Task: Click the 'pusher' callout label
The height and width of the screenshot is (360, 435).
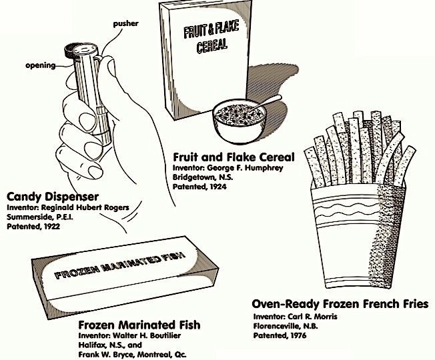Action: point(125,23)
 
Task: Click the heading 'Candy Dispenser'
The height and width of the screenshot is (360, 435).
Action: point(53,197)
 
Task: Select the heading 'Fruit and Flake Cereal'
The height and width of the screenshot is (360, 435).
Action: point(233,158)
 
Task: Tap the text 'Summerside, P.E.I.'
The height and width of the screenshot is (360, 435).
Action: point(43,217)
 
